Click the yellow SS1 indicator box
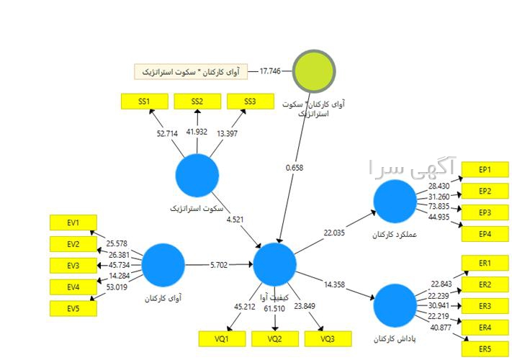point(145,102)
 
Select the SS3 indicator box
point(251,102)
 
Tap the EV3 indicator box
point(73,266)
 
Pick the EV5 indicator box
point(73,309)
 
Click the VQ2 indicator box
point(275,339)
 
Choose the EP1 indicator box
point(485,170)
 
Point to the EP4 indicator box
point(485,234)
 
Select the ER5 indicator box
point(485,349)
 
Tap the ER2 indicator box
point(485,284)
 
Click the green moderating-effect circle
point(314,71)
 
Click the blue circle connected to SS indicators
point(197,176)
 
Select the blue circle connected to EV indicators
point(163,265)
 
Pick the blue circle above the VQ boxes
point(274,264)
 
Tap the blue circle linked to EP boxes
point(395,202)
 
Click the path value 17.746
point(270,71)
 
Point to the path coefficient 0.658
point(295,168)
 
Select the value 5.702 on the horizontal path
point(219,265)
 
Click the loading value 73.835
point(439,206)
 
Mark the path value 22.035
point(334,233)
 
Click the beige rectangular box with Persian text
point(191,72)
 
